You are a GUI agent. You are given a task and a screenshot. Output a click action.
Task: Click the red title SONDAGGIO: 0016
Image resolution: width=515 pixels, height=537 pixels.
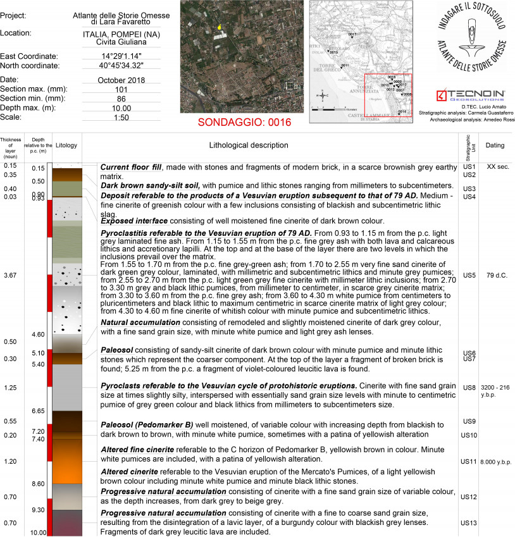pos(244,122)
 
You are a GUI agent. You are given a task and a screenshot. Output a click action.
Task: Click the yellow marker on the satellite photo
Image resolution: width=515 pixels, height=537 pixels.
pos(219,27)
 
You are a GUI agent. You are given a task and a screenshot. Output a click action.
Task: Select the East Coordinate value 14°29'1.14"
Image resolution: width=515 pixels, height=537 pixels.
pos(121,56)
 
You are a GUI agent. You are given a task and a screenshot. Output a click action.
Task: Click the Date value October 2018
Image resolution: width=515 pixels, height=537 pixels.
pos(121,80)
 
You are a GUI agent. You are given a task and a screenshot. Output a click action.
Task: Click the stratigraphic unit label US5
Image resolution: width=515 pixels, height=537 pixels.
pos(469,275)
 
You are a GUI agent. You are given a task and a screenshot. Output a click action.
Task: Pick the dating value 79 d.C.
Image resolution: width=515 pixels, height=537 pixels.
pos(495,275)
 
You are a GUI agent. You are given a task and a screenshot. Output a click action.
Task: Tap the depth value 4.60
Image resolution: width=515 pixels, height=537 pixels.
pos(38,334)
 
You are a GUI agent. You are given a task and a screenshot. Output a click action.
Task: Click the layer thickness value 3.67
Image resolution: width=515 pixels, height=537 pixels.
pos(9,275)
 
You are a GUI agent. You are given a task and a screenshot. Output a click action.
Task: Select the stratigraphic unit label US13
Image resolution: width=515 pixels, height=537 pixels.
pos(469,523)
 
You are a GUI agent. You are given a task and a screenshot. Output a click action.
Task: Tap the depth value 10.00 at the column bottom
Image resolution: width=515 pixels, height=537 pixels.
pos(38,533)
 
